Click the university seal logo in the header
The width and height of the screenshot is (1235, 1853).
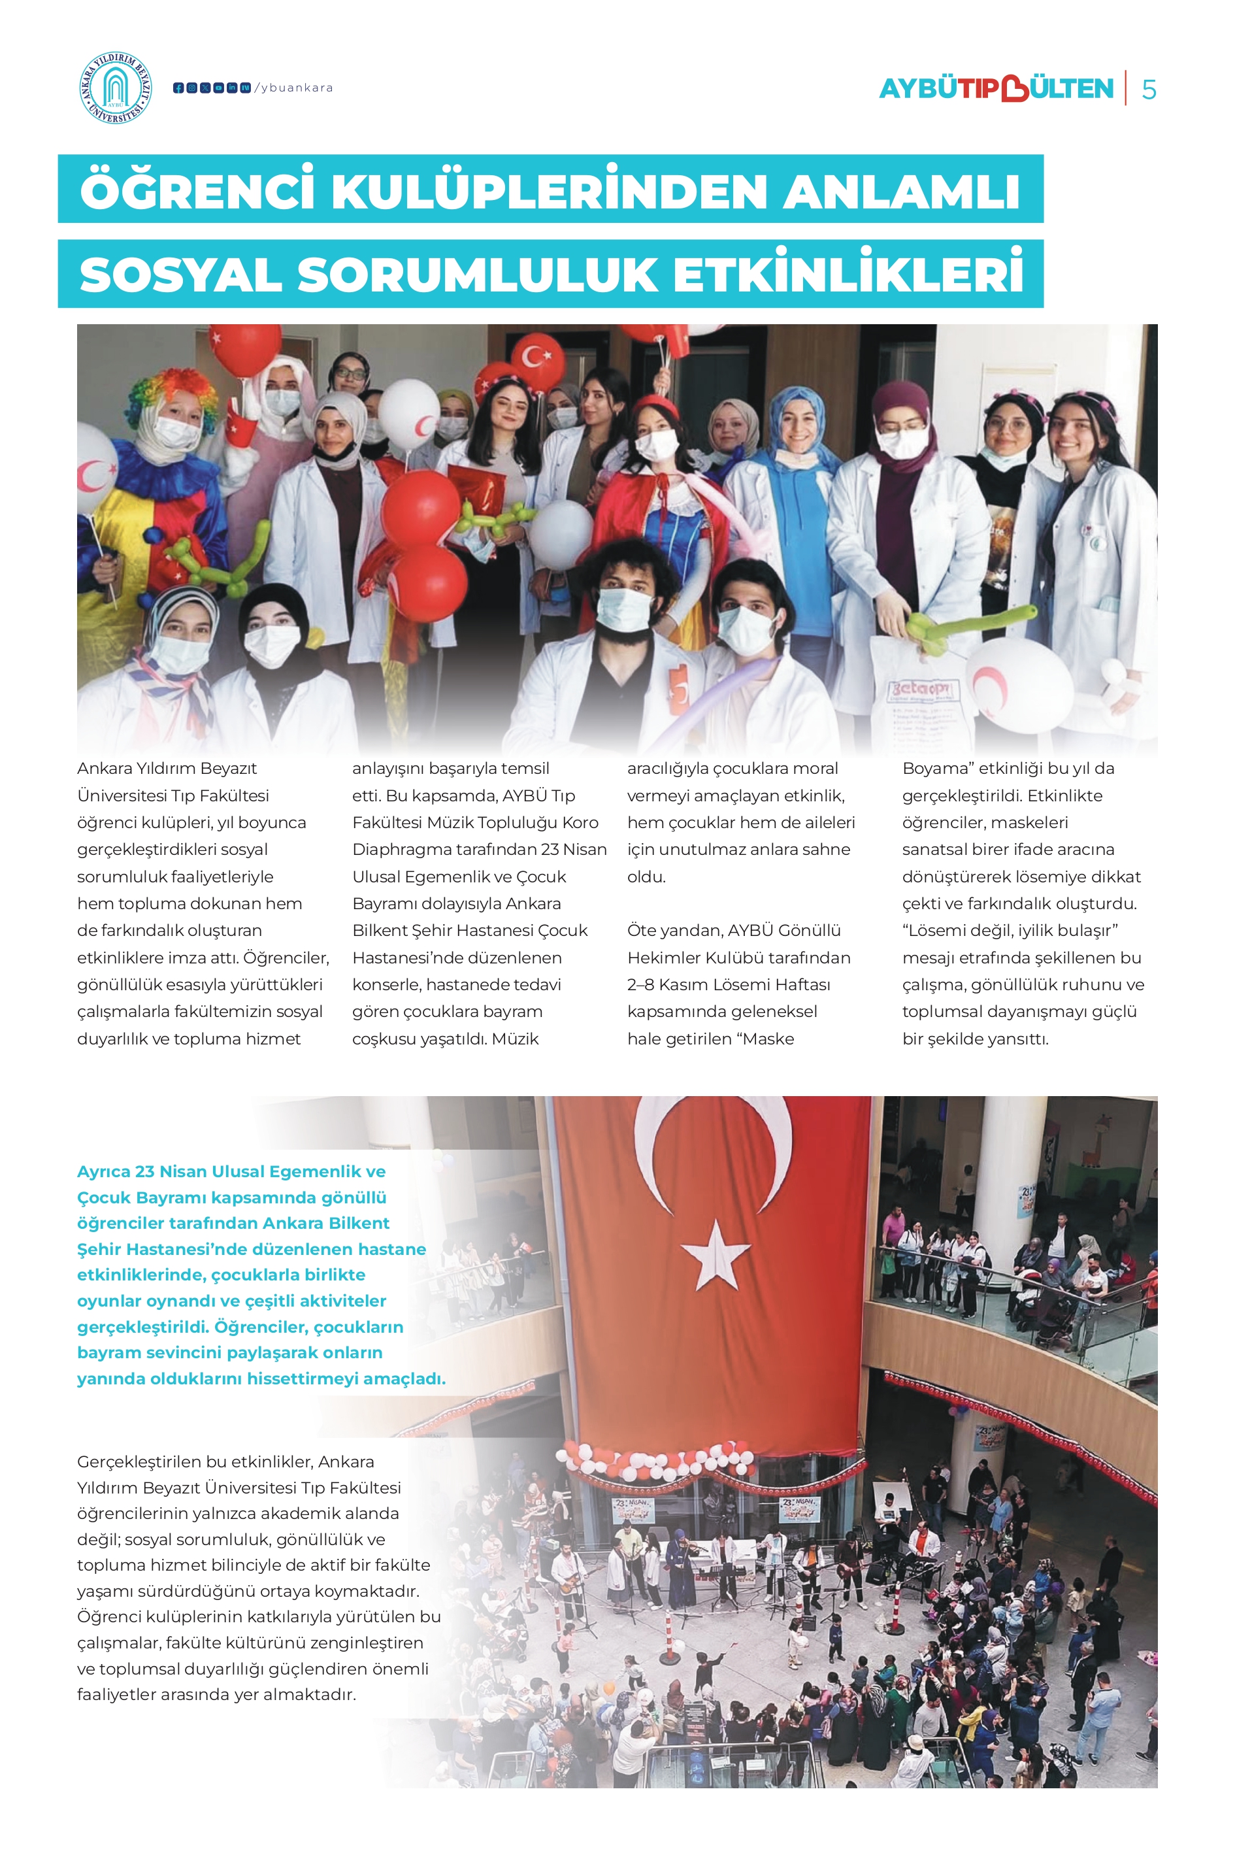[x=116, y=88]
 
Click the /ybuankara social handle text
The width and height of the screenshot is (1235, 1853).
[x=294, y=88]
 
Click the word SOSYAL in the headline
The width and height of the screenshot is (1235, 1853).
[x=180, y=275]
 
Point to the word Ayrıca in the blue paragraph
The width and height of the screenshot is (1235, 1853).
[x=103, y=1171]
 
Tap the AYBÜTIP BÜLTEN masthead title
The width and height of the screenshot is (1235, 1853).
[x=996, y=89]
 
